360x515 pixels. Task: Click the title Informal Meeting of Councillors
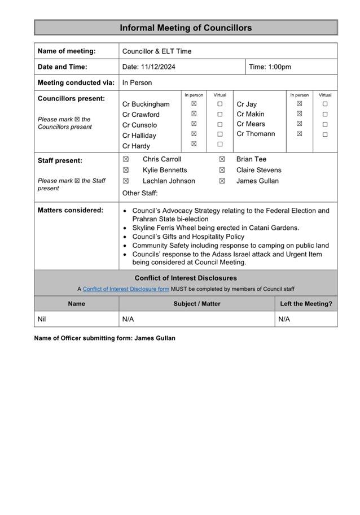[186, 28]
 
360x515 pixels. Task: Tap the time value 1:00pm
[279, 67]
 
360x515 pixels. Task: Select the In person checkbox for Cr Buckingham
[194, 104]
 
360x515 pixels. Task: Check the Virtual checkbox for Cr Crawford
[220, 114]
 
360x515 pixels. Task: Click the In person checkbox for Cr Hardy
[194, 144]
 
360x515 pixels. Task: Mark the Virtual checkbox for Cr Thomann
[325, 134]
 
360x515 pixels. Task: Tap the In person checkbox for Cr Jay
[300, 104]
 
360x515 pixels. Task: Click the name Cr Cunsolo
[139, 125]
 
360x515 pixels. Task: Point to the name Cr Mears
[251, 124]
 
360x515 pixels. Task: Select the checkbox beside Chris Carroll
[126, 159]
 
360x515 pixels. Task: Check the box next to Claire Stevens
[222, 170]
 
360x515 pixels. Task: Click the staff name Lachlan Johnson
[169, 181]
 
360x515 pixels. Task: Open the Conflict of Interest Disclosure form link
[126, 289]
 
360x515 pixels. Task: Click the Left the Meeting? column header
[306, 304]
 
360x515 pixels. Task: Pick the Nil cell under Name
[42, 319]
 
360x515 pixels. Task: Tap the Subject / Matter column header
[197, 304]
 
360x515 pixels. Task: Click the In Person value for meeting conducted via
[137, 82]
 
